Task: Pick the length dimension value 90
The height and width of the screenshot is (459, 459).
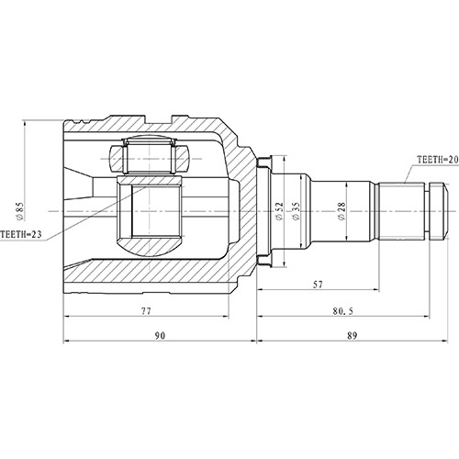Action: click(160, 337)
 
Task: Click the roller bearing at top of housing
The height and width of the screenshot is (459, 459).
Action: click(149, 156)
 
